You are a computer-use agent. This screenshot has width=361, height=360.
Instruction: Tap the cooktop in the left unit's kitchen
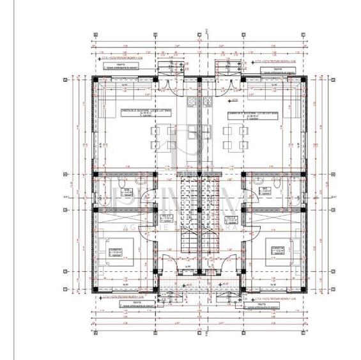coord(190,102)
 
